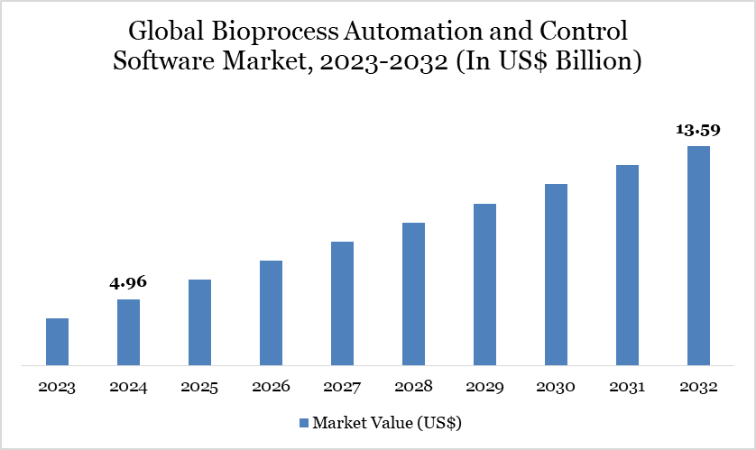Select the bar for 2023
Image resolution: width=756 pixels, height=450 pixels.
(57, 342)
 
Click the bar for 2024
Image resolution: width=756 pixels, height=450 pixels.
(128, 333)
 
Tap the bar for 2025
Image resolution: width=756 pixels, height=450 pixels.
(199, 323)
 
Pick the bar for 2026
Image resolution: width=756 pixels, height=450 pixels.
(271, 313)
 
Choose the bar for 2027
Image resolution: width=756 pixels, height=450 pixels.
(342, 304)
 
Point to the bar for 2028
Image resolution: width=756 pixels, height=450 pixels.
(413, 294)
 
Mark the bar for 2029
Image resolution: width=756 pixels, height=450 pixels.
(484, 285)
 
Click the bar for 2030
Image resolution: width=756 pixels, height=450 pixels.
(556, 275)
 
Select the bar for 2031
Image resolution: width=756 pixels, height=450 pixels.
(627, 265)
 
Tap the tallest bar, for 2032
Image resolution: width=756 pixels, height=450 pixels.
(698, 256)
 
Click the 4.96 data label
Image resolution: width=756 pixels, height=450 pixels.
(128, 282)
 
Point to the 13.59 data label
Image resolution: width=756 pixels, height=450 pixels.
(698, 130)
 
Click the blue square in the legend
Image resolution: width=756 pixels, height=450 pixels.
(304, 422)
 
